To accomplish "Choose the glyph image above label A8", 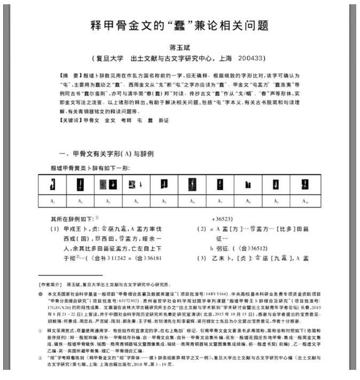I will tap(247, 185).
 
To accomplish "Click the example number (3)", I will tap(200, 259).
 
